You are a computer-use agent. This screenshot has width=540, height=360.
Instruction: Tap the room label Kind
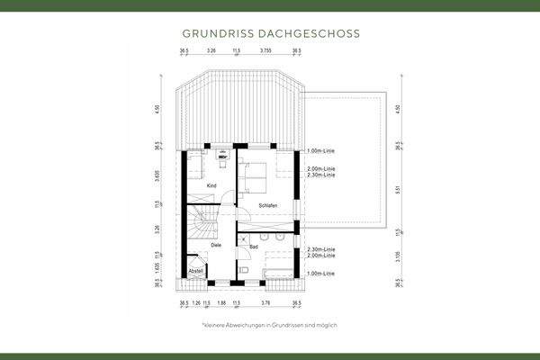(x=211, y=185)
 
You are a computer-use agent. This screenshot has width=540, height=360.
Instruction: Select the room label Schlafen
(x=266, y=206)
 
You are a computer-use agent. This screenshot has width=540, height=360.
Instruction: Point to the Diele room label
(x=216, y=244)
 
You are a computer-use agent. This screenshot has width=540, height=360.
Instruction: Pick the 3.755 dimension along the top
(x=266, y=51)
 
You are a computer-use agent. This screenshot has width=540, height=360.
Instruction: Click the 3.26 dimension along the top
(x=211, y=51)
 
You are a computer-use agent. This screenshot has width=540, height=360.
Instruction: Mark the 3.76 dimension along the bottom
(x=266, y=305)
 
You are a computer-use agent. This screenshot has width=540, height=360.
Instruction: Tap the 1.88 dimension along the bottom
(x=221, y=305)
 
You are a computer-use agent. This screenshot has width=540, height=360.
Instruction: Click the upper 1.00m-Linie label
(x=320, y=150)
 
